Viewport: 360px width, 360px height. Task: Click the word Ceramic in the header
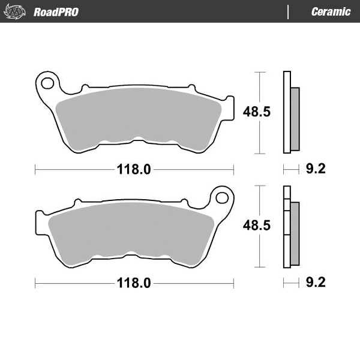(331, 11)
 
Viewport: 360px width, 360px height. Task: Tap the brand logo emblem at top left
(16, 11)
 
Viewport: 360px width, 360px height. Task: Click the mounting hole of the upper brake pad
(48, 82)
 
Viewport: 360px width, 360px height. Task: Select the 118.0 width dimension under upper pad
(133, 169)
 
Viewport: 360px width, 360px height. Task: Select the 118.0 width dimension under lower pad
(133, 283)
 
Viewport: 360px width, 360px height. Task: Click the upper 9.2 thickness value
(315, 169)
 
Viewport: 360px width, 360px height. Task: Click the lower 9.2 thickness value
(315, 283)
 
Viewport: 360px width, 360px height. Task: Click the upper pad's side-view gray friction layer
(295, 118)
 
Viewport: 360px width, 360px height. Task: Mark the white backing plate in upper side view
(287, 112)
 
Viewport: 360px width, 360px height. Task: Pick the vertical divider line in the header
(289, 11)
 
